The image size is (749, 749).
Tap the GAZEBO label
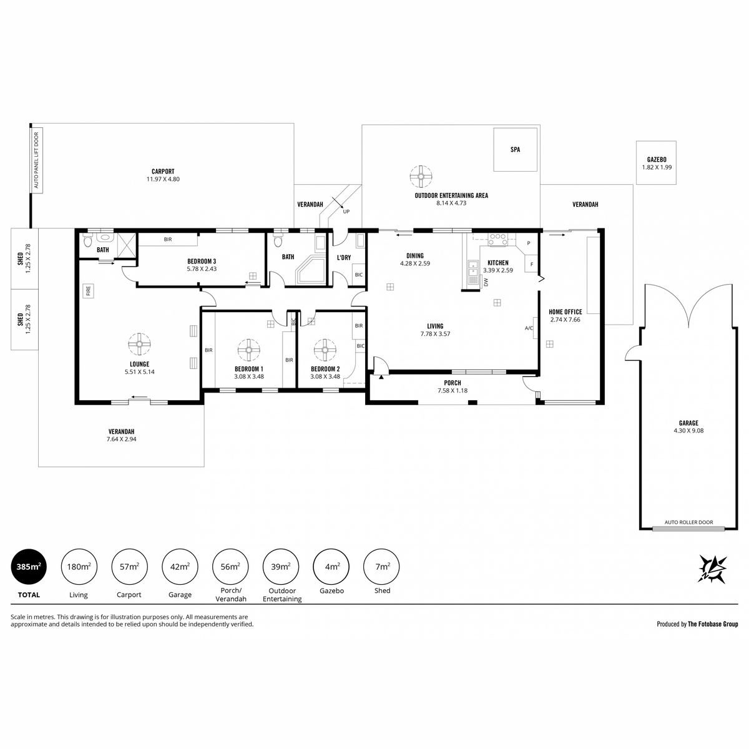[657, 159]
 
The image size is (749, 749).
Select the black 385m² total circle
[29, 566]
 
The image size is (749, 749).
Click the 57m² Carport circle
[129, 566]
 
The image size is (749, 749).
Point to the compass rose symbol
[712, 569]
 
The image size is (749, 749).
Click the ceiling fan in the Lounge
[139, 344]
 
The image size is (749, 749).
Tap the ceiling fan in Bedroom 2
[325, 350]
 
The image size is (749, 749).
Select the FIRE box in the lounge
[88, 290]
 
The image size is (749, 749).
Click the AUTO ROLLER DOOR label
[688, 522]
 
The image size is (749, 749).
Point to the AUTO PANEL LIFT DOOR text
[37, 160]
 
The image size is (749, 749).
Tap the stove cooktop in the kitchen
[498, 240]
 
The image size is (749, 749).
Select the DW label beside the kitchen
[486, 281]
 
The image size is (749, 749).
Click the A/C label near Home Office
[529, 328]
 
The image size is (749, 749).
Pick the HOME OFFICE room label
[565, 311]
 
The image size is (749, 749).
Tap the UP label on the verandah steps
[346, 212]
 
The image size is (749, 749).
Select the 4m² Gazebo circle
[331, 566]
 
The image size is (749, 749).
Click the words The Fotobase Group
[713, 624]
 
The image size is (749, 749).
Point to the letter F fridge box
[531, 264]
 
